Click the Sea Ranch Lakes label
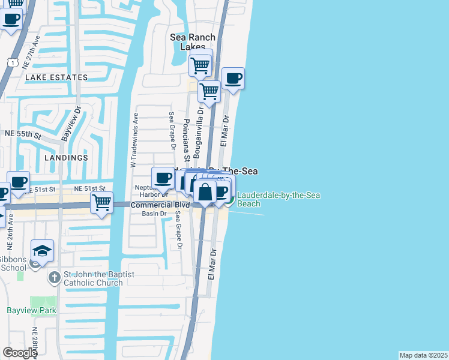[192, 41]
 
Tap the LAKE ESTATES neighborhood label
[56, 77]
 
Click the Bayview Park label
[31, 310]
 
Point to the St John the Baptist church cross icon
[54, 278]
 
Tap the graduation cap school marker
[43, 251]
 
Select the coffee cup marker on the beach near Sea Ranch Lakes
[234, 78]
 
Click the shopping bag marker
[205, 192]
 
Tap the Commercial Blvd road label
[160, 205]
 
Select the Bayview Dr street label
[71, 124]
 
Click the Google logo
[20, 353]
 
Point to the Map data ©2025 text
[423, 355]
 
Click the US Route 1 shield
[11, 62]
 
